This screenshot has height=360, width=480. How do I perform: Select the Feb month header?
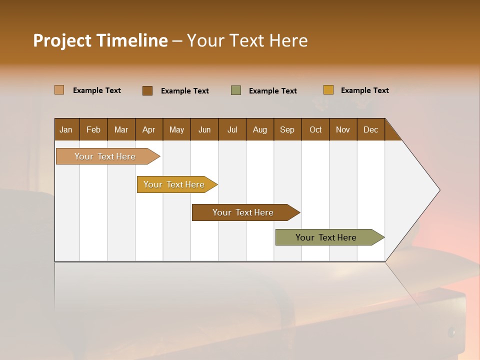[x=93, y=129]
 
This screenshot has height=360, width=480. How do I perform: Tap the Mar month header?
[x=121, y=129]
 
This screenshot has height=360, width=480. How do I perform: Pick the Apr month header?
[x=149, y=129]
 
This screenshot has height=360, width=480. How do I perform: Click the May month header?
[x=176, y=129]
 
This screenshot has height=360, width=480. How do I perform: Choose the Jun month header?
[x=204, y=129]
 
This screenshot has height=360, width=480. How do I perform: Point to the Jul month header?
[x=232, y=129]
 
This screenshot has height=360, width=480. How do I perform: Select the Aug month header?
[x=260, y=129]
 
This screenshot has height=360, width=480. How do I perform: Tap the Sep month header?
[x=287, y=129]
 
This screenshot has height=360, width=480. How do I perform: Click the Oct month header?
[x=315, y=129]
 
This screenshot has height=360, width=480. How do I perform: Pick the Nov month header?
[x=343, y=129]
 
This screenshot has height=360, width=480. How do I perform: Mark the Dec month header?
[x=371, y=129]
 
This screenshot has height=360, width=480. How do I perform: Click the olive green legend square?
[x=236, y=90]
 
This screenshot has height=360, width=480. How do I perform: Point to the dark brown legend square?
[x=147, y=90]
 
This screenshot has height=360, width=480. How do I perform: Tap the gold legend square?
[x=328, y=90]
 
